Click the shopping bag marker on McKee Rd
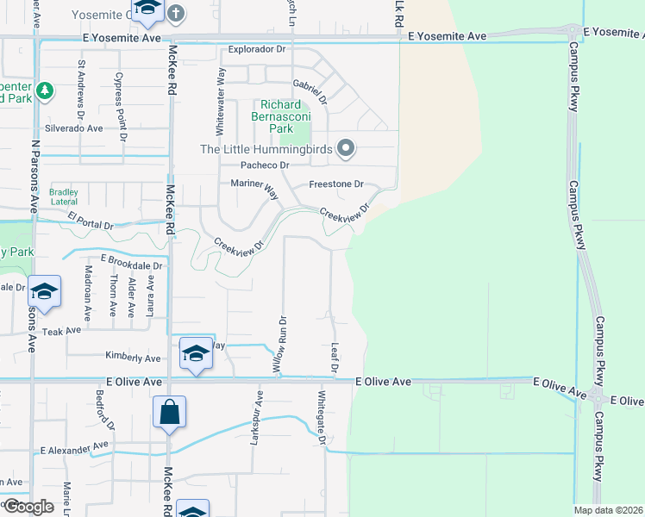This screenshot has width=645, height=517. (x=170, y=413)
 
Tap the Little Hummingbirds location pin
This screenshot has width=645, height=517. (x=347, y=148)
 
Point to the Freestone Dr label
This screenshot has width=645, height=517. (x=336, y=184)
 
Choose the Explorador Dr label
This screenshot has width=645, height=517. (x=256, y=50)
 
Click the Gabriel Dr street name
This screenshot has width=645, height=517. (x=310, y=90)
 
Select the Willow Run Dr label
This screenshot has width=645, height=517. (x=279, y=343)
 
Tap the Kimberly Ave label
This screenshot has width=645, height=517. (x=133, y=358)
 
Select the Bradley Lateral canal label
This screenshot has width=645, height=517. (x=64, y=196)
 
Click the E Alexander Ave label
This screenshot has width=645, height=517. (x=75, y=448)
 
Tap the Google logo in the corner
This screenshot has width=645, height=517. (x=28, y=507)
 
